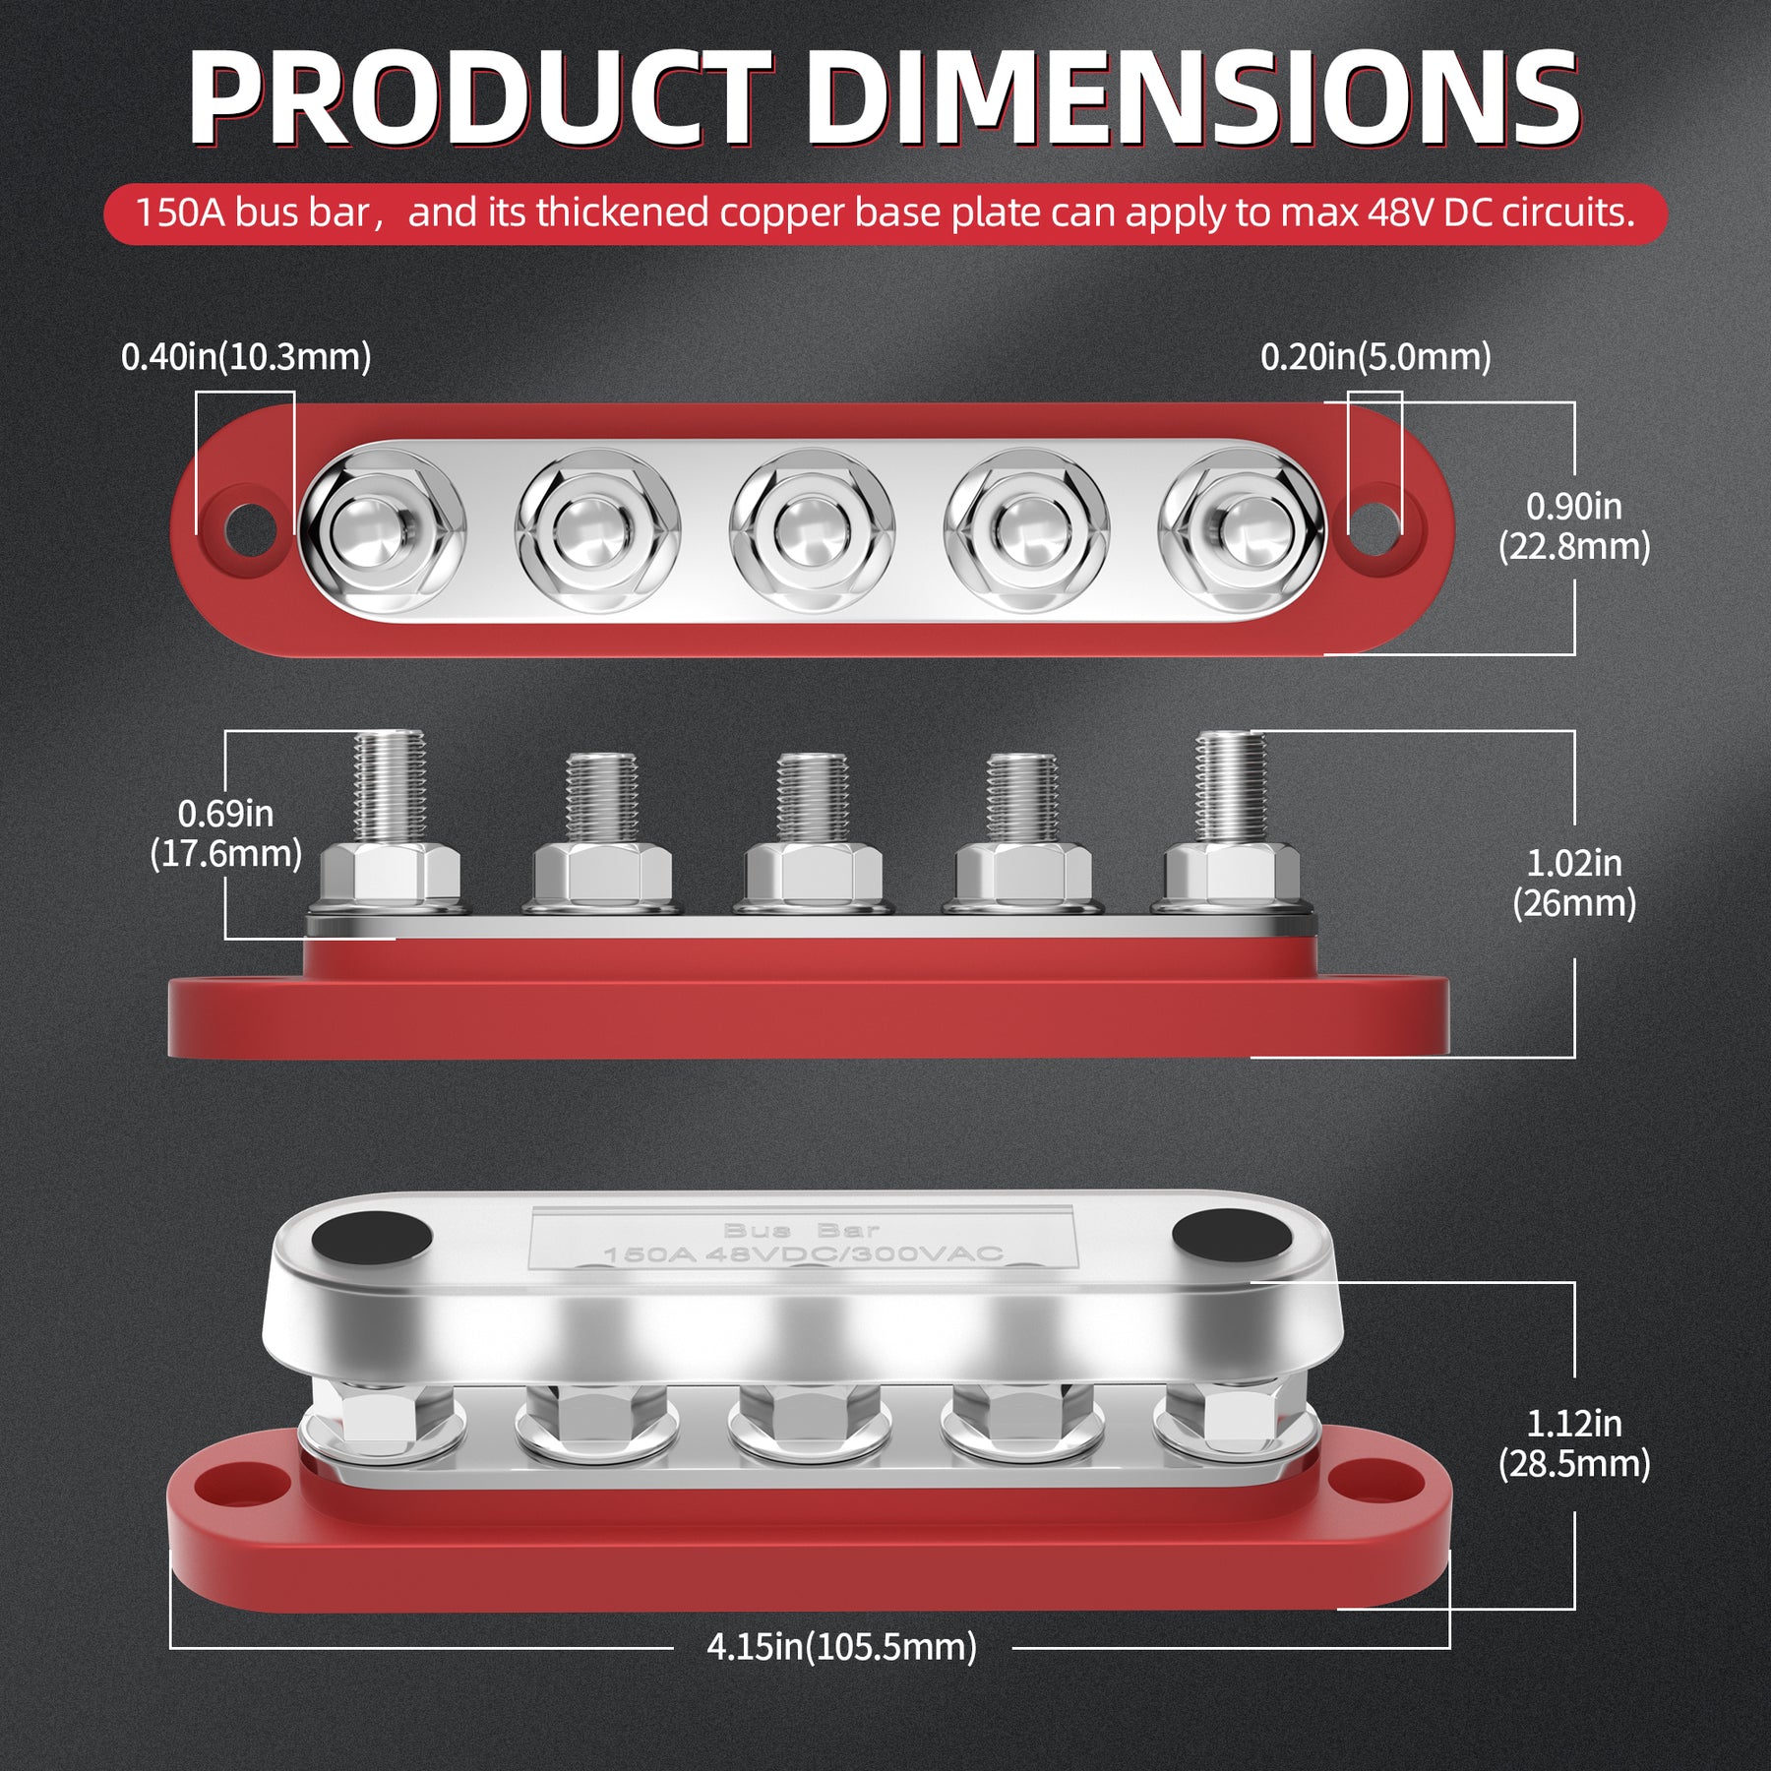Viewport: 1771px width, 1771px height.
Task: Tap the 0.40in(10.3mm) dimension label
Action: [246, 357]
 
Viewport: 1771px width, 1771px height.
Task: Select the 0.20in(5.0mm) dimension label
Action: [1375, 357]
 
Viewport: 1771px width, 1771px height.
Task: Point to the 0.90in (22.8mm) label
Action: [1573, 526]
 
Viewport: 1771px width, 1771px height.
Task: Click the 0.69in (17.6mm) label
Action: [226, 833]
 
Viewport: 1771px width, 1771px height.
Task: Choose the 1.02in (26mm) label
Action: [1573, 884]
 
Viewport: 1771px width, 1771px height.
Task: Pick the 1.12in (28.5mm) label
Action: [1573, 1443]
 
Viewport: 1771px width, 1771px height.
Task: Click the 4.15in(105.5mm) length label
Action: [841, 1646]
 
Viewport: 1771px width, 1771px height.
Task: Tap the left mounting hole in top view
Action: [250, 530]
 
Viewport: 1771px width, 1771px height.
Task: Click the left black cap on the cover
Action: [375, 1238]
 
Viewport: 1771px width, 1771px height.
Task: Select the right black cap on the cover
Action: [1231, 1236]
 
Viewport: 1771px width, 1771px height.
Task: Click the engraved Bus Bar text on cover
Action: [801, 1230]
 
